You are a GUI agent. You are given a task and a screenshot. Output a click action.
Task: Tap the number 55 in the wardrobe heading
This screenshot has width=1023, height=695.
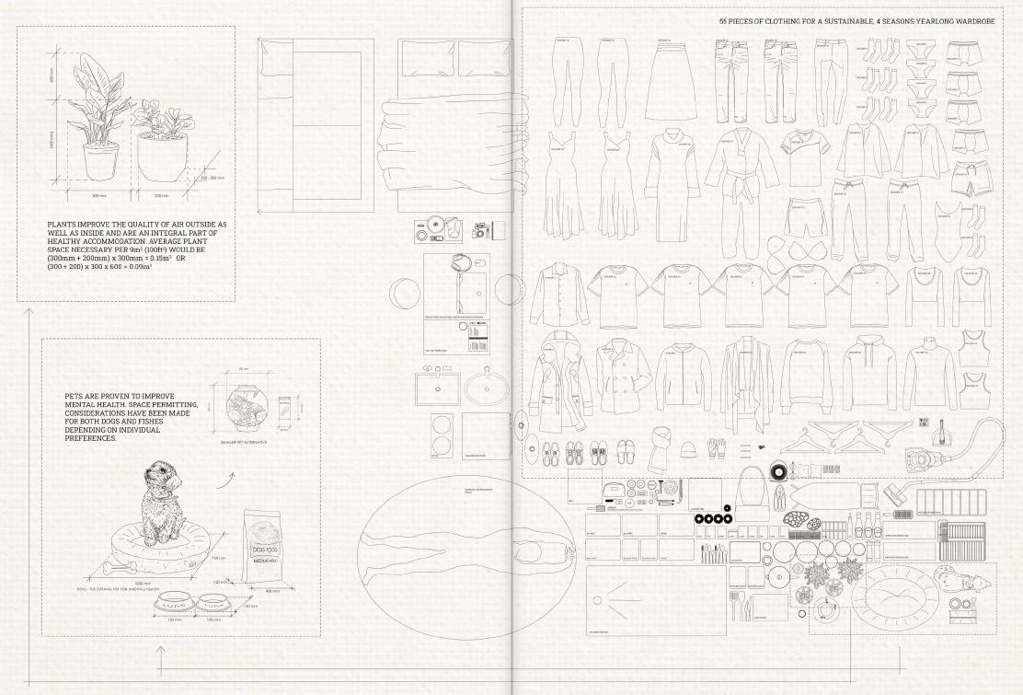724,19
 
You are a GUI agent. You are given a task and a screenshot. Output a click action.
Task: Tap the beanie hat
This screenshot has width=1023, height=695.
688,448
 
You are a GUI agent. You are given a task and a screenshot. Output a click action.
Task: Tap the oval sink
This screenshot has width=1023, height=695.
487,389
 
